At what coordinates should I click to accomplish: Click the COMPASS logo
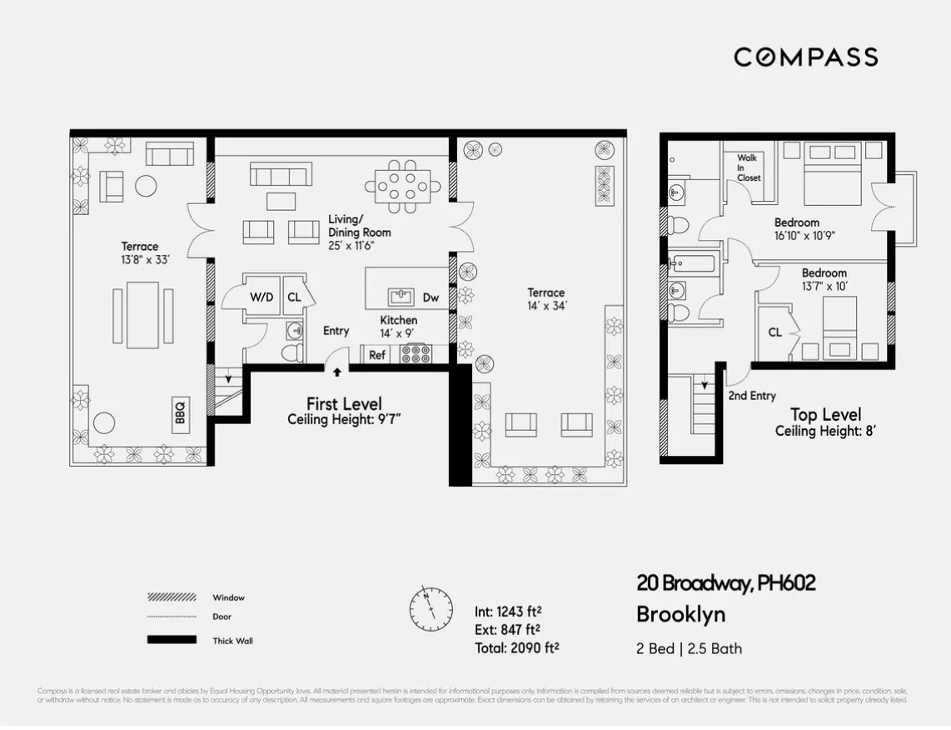point(805,57)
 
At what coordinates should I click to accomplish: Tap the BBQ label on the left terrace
point(180,412)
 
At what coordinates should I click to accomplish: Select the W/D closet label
point(261,297)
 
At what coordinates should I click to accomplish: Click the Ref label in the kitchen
point(377,354)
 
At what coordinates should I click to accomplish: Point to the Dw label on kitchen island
point(431,297)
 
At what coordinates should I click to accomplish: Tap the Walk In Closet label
point(748,167)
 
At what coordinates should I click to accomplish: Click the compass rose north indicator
point(431,608)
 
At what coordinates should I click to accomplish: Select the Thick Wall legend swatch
point(172,640)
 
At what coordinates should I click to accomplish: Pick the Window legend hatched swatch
point(172,597)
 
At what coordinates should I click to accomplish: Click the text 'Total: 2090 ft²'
point(516,647)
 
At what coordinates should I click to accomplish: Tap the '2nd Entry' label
point(751,396)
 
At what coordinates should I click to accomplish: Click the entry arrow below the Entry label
point(337,372)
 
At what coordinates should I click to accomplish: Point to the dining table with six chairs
point(404,183)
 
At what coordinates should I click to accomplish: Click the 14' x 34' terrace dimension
point(545,305)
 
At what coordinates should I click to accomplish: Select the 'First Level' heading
point(344,403)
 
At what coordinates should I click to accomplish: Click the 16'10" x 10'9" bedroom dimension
point(804,235)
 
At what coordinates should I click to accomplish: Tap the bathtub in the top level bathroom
point(693,265)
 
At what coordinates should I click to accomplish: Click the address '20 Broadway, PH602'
point(725,583)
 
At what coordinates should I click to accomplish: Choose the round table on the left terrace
point(147,184)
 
